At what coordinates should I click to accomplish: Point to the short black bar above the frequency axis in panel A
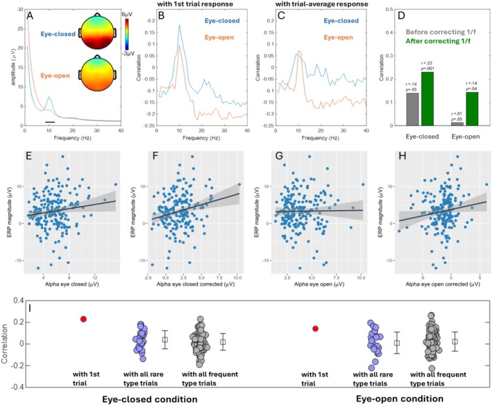point(49,121)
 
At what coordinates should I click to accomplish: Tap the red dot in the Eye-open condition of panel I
point(316,329)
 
